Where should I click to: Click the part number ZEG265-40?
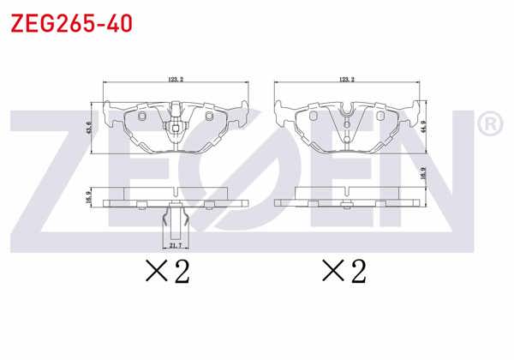point(70,23)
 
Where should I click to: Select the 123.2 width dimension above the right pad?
point(346,80)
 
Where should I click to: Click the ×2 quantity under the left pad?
point(167,272)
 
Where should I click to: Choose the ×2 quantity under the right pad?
point(344,272)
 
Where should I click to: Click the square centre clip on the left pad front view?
point(175,130)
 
